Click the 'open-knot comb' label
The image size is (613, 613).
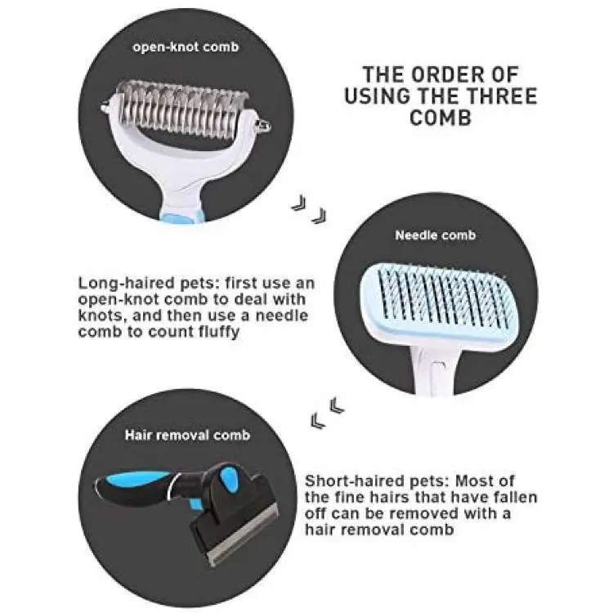click(186, 47)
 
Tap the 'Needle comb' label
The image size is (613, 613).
click(435, 235)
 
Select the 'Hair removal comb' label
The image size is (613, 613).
click(187, 435)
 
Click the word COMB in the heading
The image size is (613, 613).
click(441, 117)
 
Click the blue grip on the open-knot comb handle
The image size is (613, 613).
click(181, 216)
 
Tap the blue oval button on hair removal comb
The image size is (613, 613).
click(227, 478)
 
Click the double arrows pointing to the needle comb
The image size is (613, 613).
click(309, 209)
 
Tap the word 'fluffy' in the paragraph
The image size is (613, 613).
click(218, 333)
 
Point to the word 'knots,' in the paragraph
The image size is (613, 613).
click(101, 315)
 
